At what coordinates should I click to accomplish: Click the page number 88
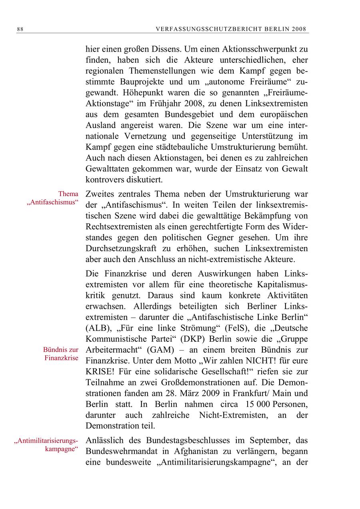[20, 29]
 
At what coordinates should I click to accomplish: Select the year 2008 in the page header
[299, 29]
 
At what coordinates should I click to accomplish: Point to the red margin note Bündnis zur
[61, 350]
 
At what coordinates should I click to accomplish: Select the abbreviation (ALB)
[98, 328]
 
